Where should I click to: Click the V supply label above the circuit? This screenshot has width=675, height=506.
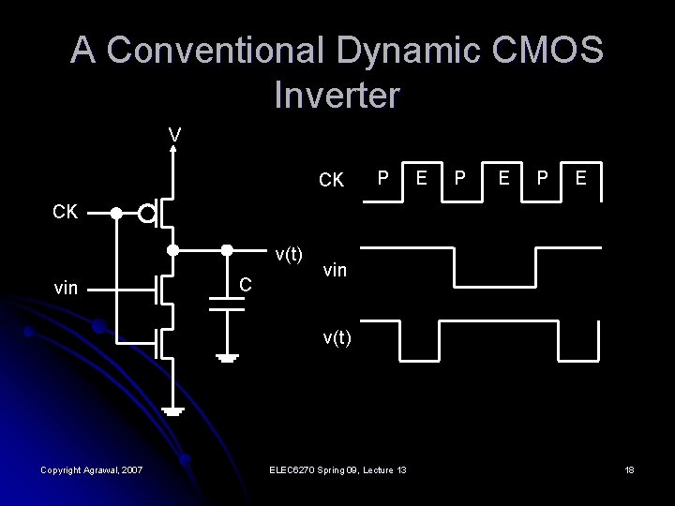174,136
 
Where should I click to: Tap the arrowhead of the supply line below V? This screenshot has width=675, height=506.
173,150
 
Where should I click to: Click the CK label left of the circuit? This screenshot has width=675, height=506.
65,213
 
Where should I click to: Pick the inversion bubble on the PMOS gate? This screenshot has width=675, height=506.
146,214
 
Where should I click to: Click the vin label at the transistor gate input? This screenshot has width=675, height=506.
66,289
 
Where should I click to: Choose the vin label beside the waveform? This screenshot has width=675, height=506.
336,270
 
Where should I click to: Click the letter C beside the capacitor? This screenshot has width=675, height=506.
243,284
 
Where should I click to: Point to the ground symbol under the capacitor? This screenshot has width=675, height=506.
227,357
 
